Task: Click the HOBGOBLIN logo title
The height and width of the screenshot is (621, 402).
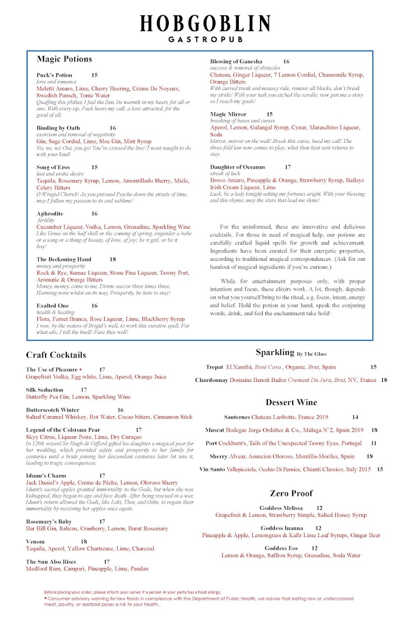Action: pyautogui.click(x=205, y=24)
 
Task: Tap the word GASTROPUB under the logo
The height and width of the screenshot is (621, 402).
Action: pyautogui.click(x=205, y=39)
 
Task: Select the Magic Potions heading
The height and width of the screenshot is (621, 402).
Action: pyautogui.click(x=64, y=59)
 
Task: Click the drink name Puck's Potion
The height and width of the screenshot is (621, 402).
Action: pyautogui.click(x=54, y=75)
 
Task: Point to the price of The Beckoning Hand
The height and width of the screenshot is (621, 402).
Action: pyautogui.click(x=112, y=259)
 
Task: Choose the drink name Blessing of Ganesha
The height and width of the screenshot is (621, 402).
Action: pyautogui.click(x=236, y=62)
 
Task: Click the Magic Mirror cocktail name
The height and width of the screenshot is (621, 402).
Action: pyautogui.click(x=228, y=114)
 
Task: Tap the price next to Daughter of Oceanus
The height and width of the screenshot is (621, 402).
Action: pyautogui.click(x=288, y=167)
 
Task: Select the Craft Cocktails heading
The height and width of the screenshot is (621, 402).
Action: pyautogui.click(x=56, y=355)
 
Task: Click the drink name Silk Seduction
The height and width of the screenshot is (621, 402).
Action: pyautogui.click(x=45, y=390)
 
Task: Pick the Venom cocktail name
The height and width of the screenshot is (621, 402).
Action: pyautogui.click(x=35, y=542)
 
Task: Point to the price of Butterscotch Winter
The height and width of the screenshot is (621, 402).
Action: pyautogui.click(x=121, y=410)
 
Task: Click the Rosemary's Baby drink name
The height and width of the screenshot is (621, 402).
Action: pyautogui.click(x=49, y=522)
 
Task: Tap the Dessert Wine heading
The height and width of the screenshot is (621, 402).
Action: pyautogui.click(x=291, y=402)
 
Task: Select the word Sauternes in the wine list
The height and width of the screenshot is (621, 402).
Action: pyautogui.click(x=237, y=417)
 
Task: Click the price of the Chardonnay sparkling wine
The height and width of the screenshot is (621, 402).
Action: pyautogui.click(x=384, y=380)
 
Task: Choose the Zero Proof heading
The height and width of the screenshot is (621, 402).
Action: pyautogui.click(x=291, y=493)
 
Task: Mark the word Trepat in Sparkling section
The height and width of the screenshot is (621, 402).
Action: pyautogui.click(x=214, y=367)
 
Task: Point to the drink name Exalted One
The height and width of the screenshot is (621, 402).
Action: pyautogui.click(x=52, y=306)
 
